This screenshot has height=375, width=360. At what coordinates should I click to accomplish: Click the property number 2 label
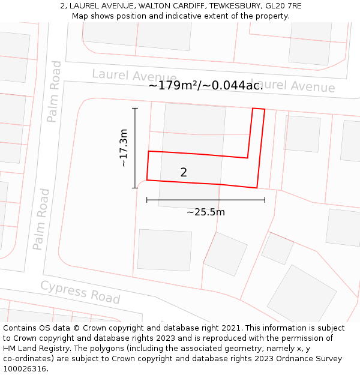click(184, 173)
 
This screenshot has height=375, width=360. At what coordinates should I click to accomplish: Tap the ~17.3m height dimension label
click(124, 148)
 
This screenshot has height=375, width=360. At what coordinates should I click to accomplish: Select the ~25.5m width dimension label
click(205, 212)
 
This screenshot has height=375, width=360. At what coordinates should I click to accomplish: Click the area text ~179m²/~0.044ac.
click(206, 86)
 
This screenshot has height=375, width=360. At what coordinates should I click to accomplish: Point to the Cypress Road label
click(80, 292)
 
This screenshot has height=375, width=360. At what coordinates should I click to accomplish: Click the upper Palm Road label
click(54, 91)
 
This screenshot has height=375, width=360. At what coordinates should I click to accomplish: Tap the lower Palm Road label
click(41, 219)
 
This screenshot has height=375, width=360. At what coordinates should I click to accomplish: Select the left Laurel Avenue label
click(134, 76)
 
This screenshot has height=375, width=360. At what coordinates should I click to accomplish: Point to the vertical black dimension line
click(135, 148)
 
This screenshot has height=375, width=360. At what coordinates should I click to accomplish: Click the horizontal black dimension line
click(205, 200)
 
